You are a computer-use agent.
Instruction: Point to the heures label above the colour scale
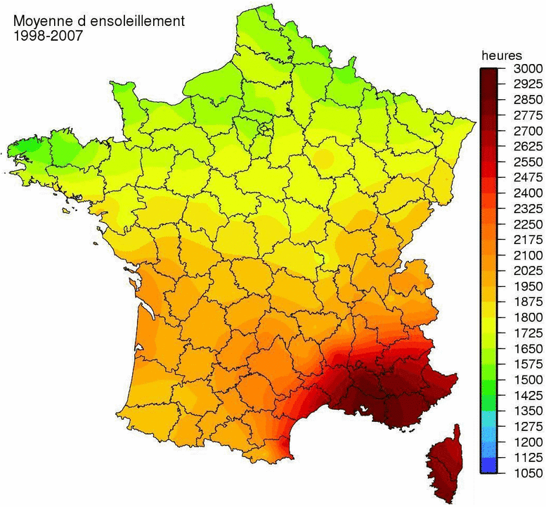[501, 55]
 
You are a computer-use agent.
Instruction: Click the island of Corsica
[443, 464]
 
